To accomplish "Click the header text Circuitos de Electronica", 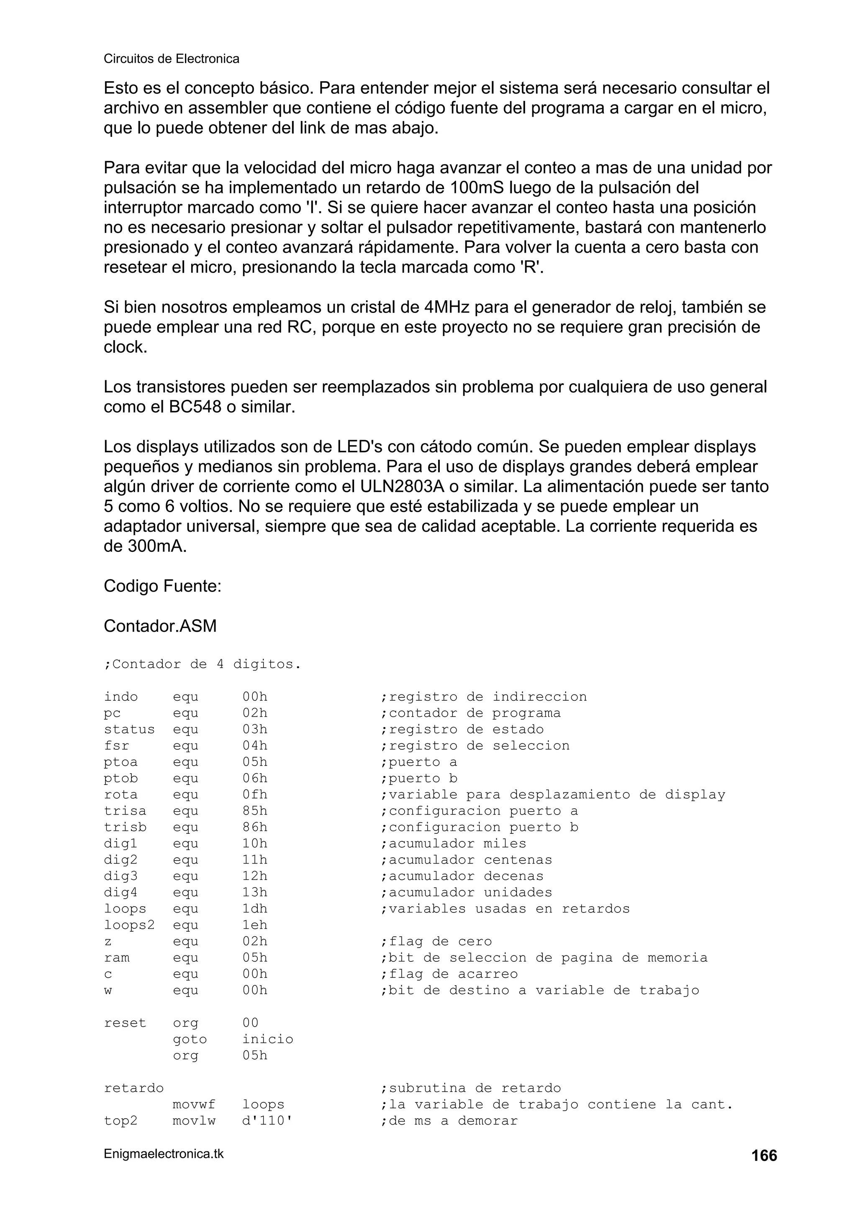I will tap(171, 59).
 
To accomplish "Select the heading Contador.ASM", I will tap(160, 625).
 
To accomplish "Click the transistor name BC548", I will tap(195, 407).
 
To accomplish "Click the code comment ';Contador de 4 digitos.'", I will tap(202, 664).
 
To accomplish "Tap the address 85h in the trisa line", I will tap(254, 811).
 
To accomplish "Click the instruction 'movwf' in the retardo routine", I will tap(194, 1104).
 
